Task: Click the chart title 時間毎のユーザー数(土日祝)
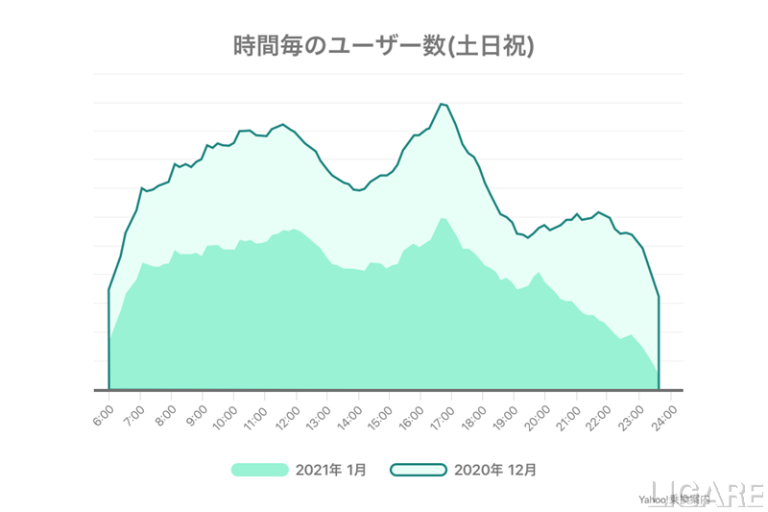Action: tap(384, 45)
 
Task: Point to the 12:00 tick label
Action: tap(289, 413)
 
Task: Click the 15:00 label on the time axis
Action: tap(382, 413)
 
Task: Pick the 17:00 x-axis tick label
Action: tap(444, 413)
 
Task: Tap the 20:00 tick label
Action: tap(538, 413)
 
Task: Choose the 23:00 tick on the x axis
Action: tap(631, 413)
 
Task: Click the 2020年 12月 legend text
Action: tap(495, 470)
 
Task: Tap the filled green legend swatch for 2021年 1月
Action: tap(259, 470)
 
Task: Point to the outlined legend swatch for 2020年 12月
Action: tap(419, 470)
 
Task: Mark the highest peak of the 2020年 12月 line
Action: tap(442, 104)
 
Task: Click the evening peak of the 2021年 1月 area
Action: tap(443, 218)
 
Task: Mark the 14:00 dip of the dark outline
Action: tap(358, 190)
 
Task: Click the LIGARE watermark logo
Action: tap(707, 491)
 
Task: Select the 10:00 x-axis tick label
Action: tap(227, 413)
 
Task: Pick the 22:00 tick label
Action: tap(600, 413)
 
